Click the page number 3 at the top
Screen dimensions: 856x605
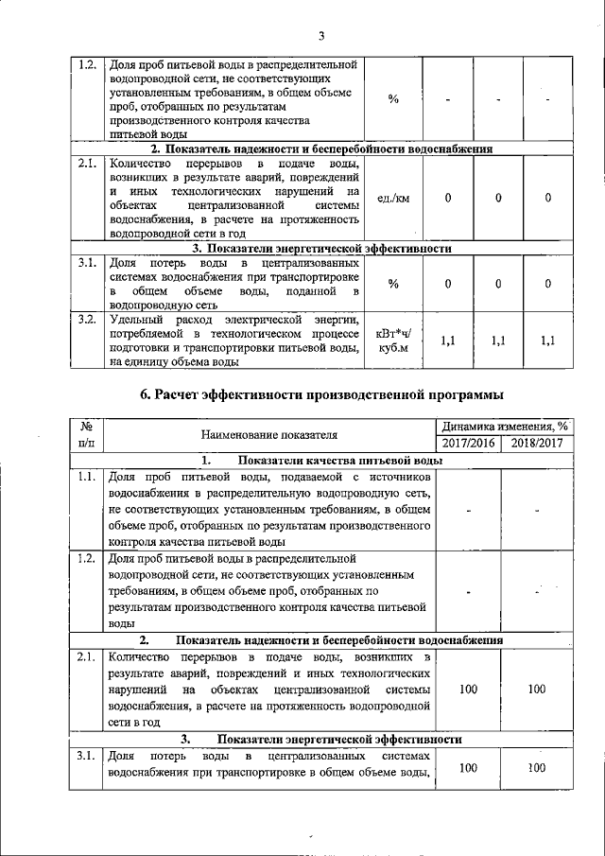point(320,36)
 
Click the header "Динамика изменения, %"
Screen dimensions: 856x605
point(503,427)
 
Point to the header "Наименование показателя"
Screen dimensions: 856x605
point(269,435)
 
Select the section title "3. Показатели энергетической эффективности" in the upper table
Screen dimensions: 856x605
point(321,249)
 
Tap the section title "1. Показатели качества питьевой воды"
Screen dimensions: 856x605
point(321,461)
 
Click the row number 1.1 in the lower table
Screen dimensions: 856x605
point(86,478)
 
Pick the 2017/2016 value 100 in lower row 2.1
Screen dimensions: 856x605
point(469,690)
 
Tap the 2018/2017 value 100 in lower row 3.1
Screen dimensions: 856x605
point(537,768)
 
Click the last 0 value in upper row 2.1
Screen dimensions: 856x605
point(548,198)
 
